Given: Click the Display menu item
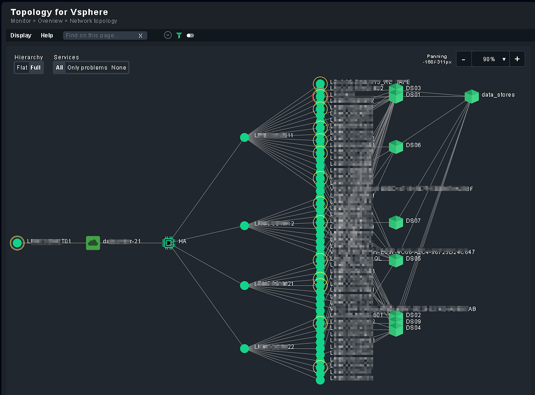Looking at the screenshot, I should click(x=21, y=35).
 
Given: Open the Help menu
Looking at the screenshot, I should click(x=47, y=35).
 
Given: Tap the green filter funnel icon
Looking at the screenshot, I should click(x=179, y=35).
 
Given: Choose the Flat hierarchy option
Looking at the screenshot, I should click(x=22, y=68).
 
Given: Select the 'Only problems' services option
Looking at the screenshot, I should click(x=87, y=68).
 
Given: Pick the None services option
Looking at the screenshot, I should click(x=119, y=68).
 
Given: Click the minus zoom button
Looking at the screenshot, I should click(x=463, y=59).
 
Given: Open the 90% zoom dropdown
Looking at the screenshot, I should click(x=491, y=59).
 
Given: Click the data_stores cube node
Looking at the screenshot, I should click(x=472, y=96).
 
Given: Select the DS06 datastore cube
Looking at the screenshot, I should click(x=396, y=147).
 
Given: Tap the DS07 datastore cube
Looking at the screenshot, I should click(x=396, y=222).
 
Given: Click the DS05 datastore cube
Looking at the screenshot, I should click(x=396, y=259).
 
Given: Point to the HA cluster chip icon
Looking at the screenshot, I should click(x=168, y=242).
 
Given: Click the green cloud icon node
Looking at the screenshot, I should click(x=93, y=243).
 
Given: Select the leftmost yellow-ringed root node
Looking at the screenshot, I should click(x=17, y=243).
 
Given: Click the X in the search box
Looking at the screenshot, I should click(x=140, y=36).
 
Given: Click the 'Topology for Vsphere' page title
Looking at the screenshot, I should click(x=59, y=12).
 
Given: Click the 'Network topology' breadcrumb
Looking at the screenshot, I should click(x=94, y=21).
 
